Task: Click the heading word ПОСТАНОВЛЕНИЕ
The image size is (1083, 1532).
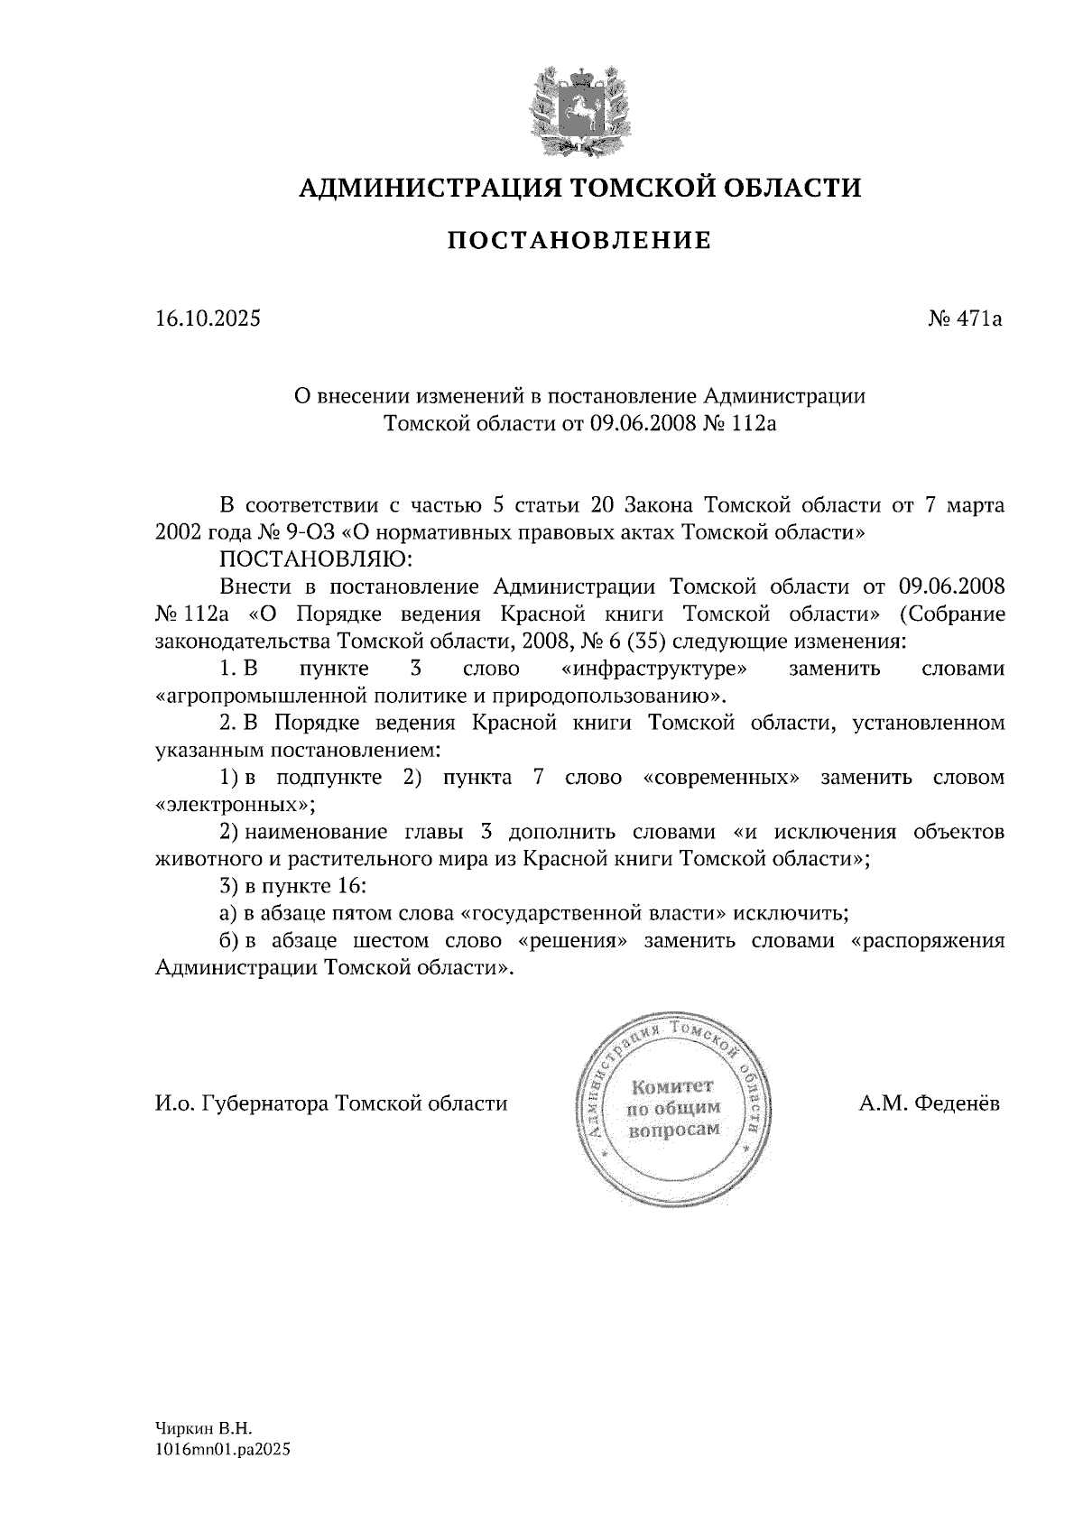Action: [x=579, y=241]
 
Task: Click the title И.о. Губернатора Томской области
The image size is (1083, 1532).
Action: [x=331, y=1103]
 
